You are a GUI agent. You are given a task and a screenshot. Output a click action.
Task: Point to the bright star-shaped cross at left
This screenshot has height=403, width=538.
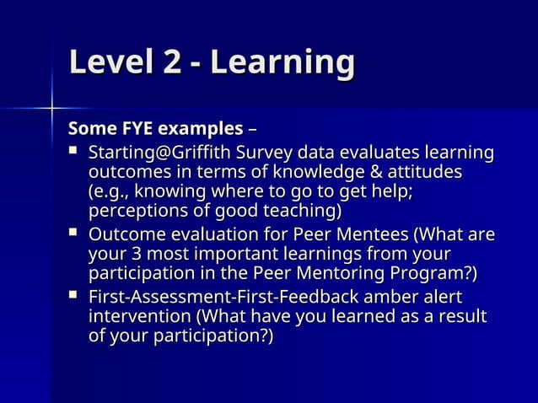pos(51,108)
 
